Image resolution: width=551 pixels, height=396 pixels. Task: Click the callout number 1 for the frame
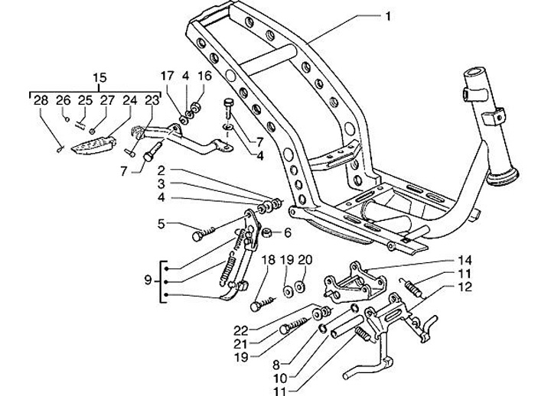pos(387,17)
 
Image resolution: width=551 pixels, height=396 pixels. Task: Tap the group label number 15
pos(99,78)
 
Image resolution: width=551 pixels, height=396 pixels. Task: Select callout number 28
pos(41,100)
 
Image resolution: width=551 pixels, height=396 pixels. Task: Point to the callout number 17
pos(168,76)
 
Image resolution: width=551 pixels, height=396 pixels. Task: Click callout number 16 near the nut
pos(205,76)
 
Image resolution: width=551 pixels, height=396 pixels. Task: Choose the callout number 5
pos(161,224)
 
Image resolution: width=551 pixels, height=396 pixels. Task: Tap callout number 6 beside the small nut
pos(288,232)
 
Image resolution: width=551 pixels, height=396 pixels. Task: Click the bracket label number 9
pos(148,281)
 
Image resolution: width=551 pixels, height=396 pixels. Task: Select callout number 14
pos(465,261)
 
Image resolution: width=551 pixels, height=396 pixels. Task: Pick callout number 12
pos(465,287)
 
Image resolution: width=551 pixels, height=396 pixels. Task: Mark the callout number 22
pos(241,330)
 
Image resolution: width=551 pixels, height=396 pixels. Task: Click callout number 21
pos(241,344)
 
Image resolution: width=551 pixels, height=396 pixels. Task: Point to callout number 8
pos(275,365)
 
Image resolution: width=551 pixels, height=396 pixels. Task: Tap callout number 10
pos(280,378)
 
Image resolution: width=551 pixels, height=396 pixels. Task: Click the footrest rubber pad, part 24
pos(94,144)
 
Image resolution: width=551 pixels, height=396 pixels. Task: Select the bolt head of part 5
pos(197,236)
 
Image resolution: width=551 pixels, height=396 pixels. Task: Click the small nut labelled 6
pos(268,232)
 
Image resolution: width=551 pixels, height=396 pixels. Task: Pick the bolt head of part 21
pos(285,329)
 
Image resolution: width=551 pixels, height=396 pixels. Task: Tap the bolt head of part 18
pos(255,307)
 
